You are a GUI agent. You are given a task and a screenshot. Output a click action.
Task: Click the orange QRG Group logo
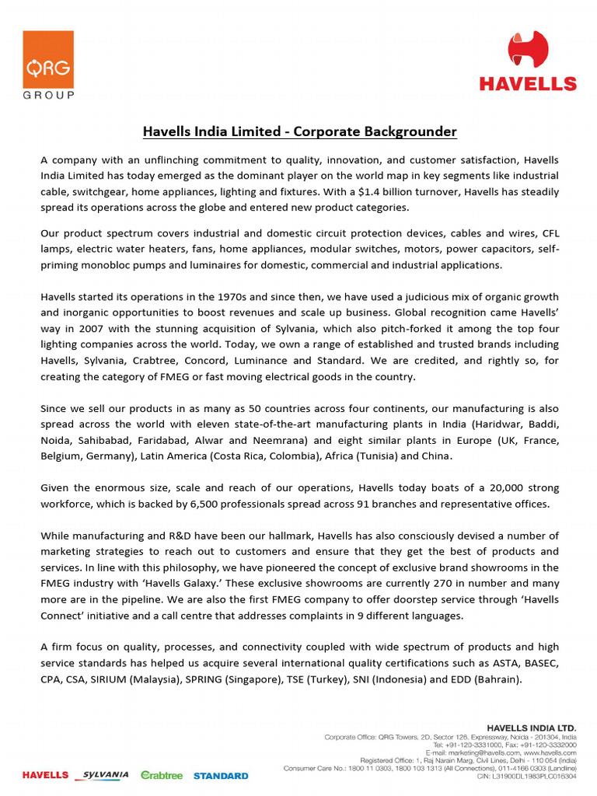point(48,65)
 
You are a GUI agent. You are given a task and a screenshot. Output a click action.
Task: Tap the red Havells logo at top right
point(528,61)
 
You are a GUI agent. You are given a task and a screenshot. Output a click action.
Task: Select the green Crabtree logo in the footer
point(162,775)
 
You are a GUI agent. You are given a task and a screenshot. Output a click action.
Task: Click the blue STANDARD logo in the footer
point(221,775)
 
